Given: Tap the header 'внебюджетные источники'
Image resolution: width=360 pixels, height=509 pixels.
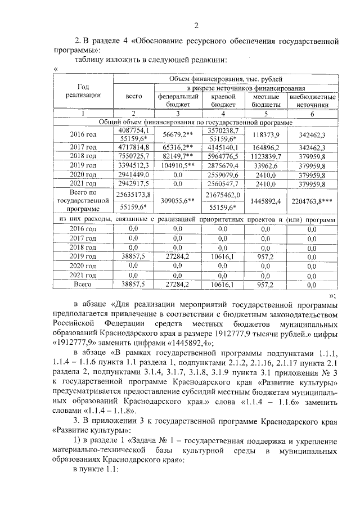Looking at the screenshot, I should (312, 100).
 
